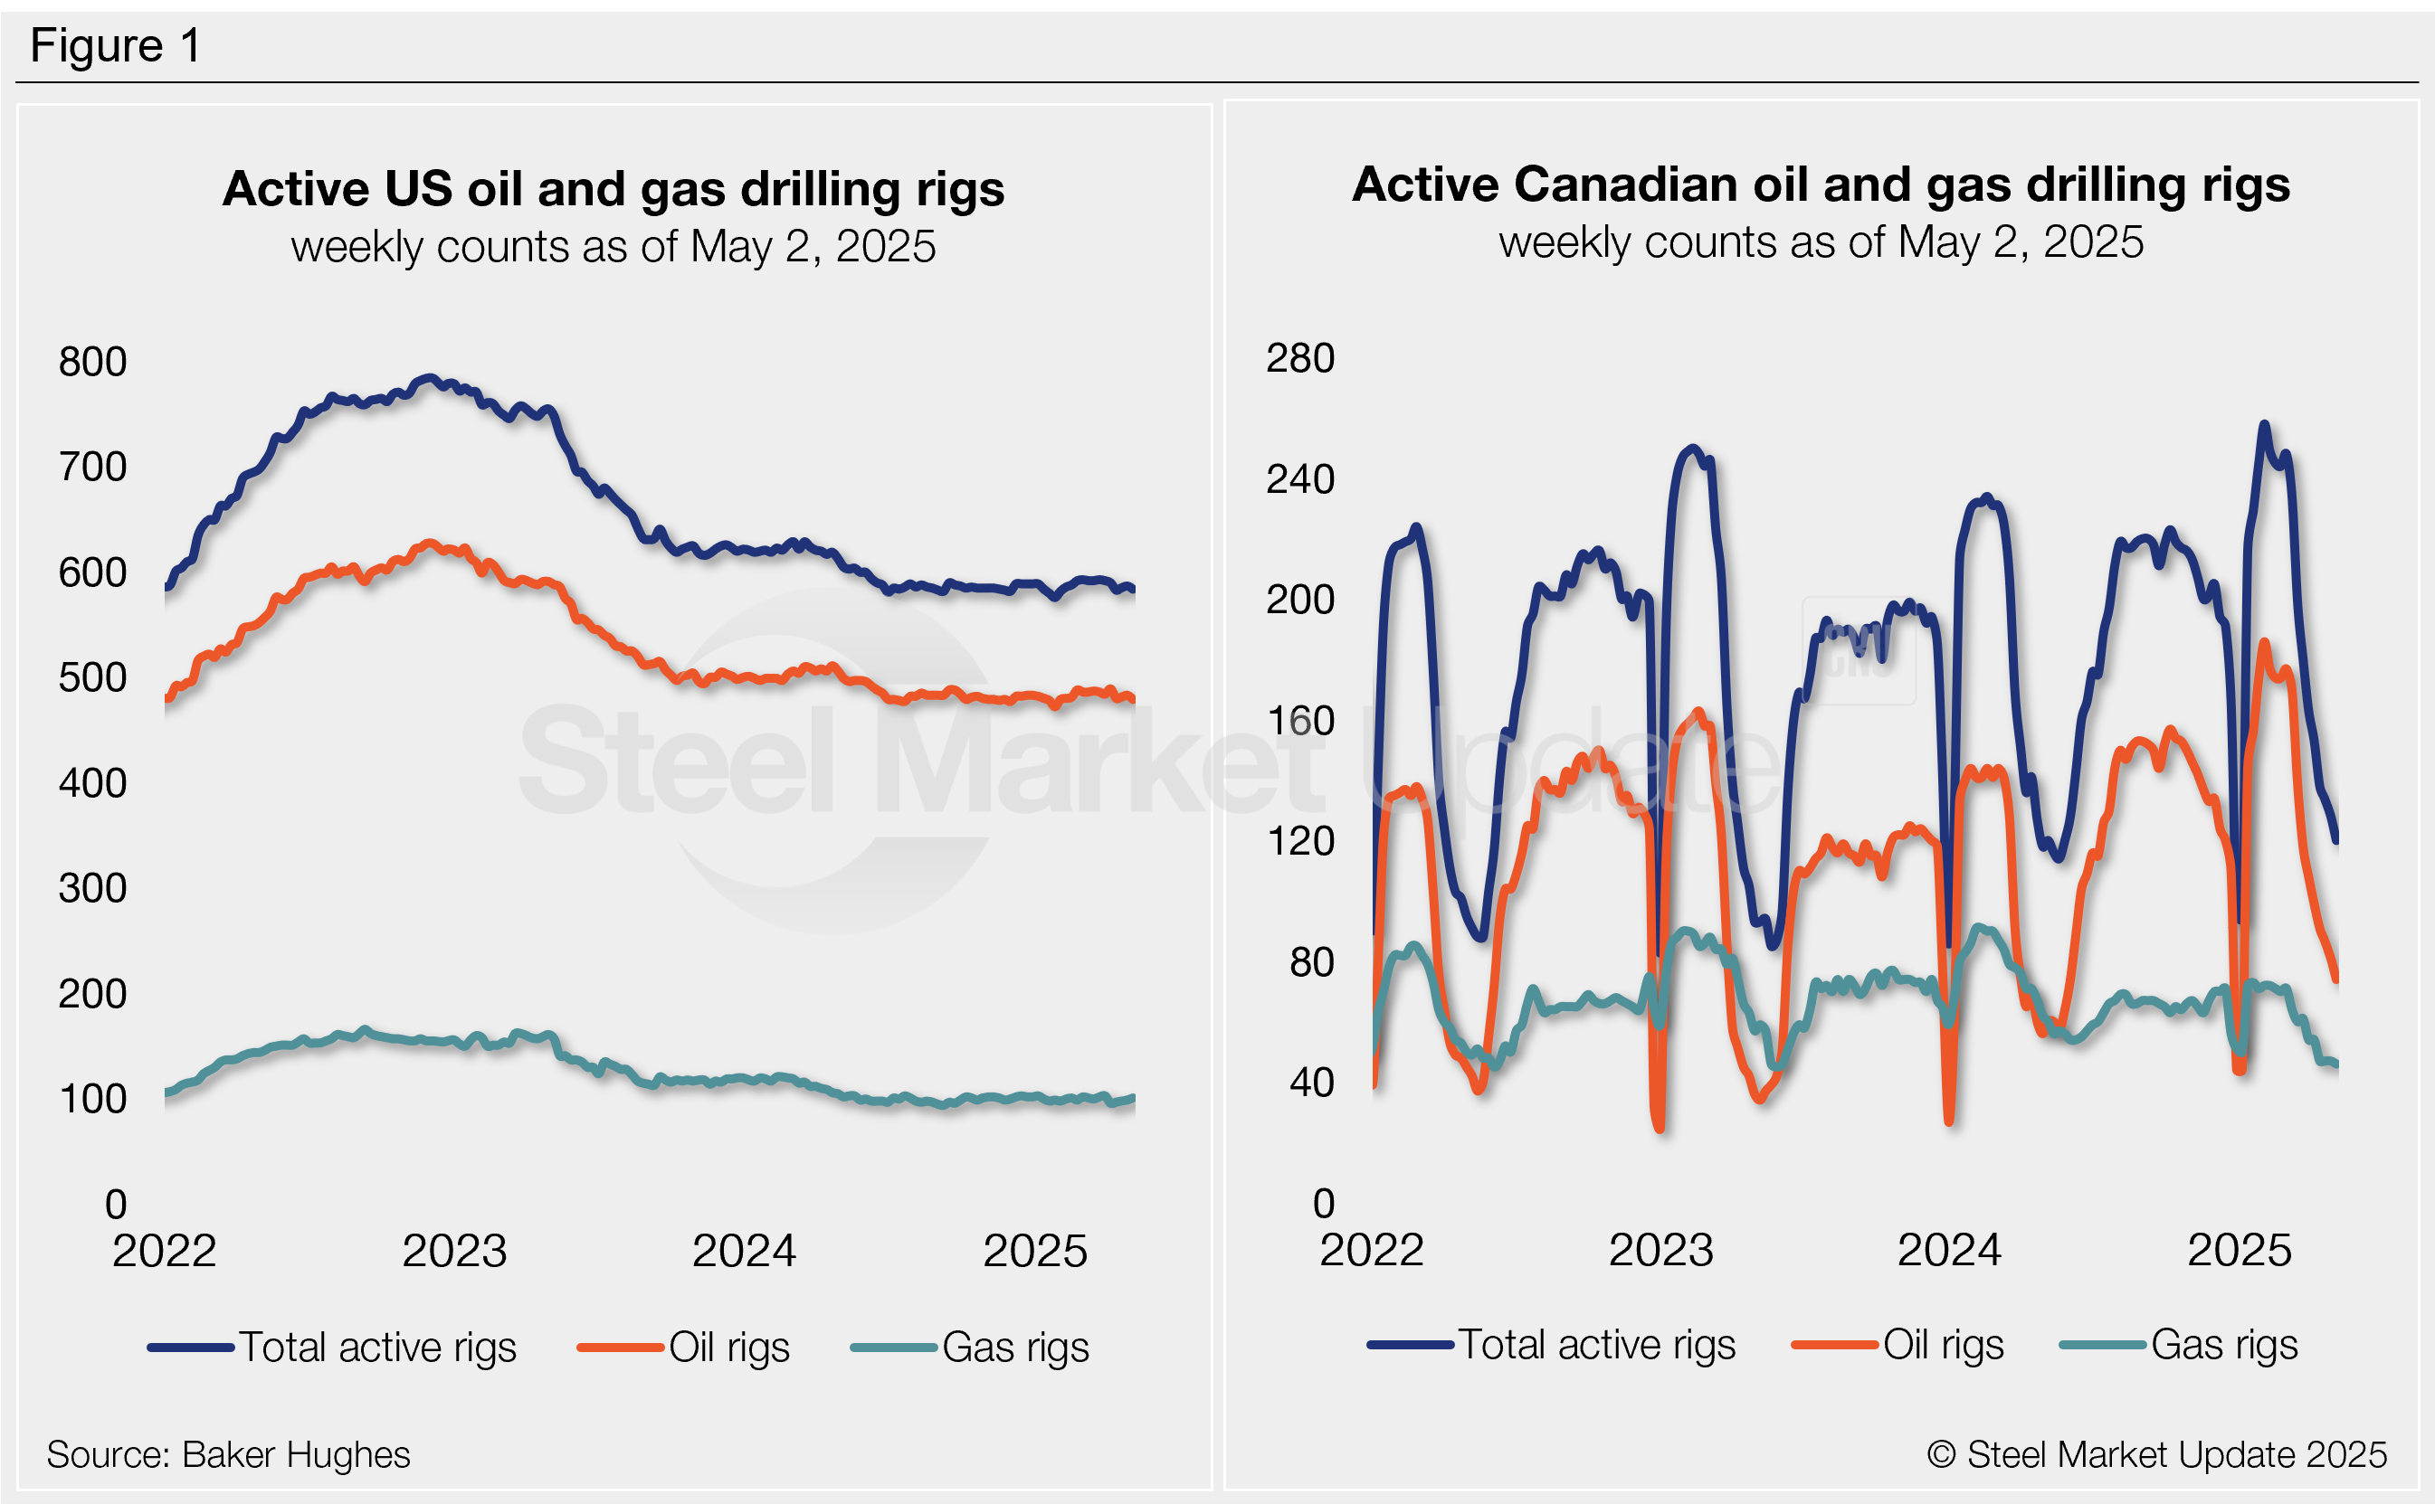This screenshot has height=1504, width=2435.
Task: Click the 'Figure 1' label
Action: pos(116,46)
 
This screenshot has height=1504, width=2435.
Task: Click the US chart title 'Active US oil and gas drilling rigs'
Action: pos(613,189)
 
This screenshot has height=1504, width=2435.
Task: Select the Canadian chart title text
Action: pos(1820,185)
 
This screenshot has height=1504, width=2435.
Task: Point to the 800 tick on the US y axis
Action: pos(92,362)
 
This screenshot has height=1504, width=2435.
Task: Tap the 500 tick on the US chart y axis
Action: pos(92,678)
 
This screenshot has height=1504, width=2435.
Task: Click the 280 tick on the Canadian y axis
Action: pos(1298,358)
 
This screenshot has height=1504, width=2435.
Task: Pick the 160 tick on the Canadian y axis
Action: pos(1298,721)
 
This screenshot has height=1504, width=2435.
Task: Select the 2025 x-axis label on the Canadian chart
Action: pos(2238,1251)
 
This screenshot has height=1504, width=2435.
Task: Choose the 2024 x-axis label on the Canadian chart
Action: pos(1948,1251)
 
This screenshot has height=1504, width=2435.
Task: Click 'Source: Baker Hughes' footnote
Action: pos(228,1455)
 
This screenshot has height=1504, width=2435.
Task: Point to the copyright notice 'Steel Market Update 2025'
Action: pos(2156,1455)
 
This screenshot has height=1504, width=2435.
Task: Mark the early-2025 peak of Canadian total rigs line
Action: pos(2264,425)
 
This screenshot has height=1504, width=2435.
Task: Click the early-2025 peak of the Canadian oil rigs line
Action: pos(2264,644)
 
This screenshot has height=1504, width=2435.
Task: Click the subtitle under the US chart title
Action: pos(613,247)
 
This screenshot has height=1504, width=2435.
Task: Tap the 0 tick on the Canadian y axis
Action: pos(1323,1204)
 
